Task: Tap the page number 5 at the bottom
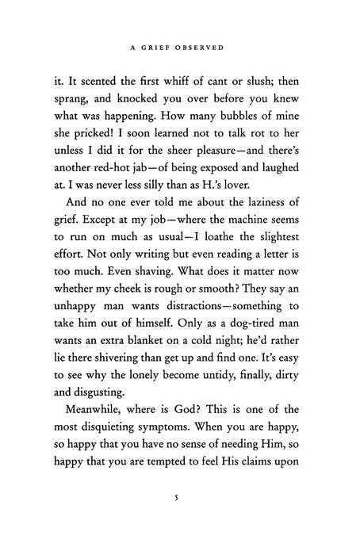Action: (181, 498)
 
